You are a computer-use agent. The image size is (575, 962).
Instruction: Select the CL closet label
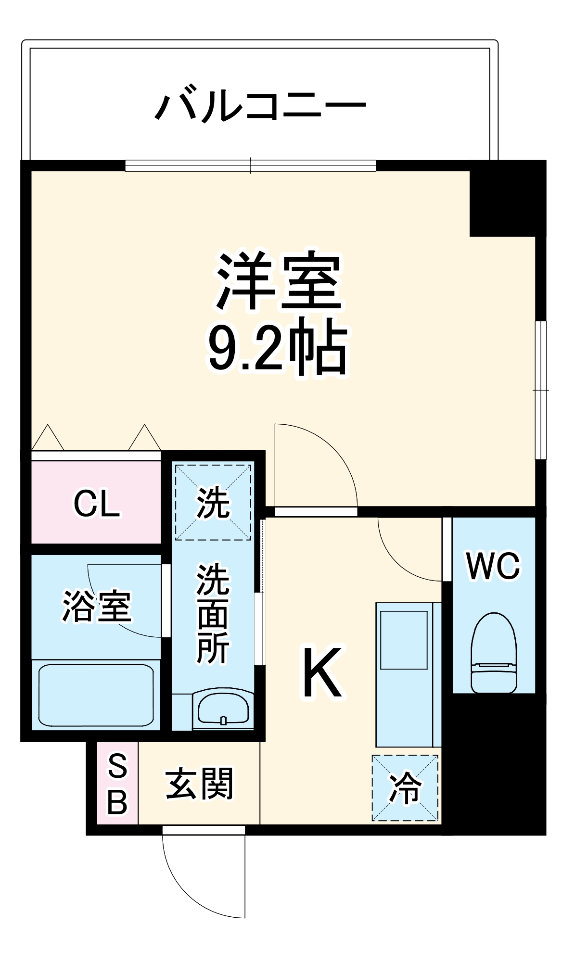[96, 504]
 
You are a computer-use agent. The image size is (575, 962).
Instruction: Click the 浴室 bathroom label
[96, 606]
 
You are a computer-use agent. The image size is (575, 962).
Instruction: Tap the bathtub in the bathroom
[96, 695]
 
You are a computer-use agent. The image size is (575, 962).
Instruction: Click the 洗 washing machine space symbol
[213, 502]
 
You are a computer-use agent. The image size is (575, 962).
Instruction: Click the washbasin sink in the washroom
[223, 707]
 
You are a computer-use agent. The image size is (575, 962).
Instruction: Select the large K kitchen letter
[322, 673]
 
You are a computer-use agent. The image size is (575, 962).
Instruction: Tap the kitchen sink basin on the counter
[404, 640]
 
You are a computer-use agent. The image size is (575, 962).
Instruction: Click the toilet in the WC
[494, 654]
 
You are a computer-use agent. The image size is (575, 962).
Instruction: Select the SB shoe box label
[117, 784]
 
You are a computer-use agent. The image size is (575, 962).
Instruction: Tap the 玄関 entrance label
[199, 784]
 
